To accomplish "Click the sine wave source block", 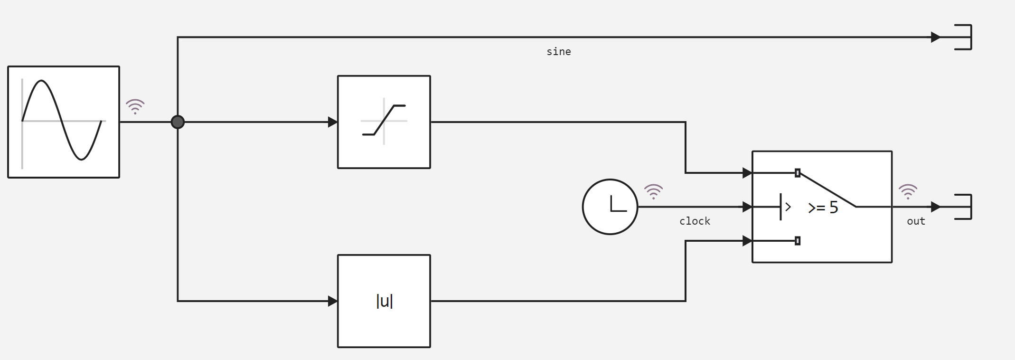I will [x=64, y=122].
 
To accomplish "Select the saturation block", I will [x=384, y=122].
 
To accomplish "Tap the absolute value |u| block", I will [x=384, y=301].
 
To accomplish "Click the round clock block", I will [x=610, y=207].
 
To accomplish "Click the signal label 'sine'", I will [x=559, y=52].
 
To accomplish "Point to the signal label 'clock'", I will [x=695, y=221].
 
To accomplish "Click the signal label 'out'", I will [x=916, y=221].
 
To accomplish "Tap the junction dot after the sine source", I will [x=178, y=122].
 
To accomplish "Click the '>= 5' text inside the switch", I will [x=823, y=208].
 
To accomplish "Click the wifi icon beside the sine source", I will [x=135, y=106].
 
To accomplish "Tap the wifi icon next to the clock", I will [x=653, y=191].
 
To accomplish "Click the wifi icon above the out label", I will [x=908, y=191].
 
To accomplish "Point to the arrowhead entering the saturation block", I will [x=332, y=122].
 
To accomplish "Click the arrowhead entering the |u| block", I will [x=332, y=301].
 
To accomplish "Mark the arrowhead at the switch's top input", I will [x=747, y=173].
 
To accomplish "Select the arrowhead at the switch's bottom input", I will [x=747, y=241].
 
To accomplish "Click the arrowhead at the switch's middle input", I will [x=747, y=207].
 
